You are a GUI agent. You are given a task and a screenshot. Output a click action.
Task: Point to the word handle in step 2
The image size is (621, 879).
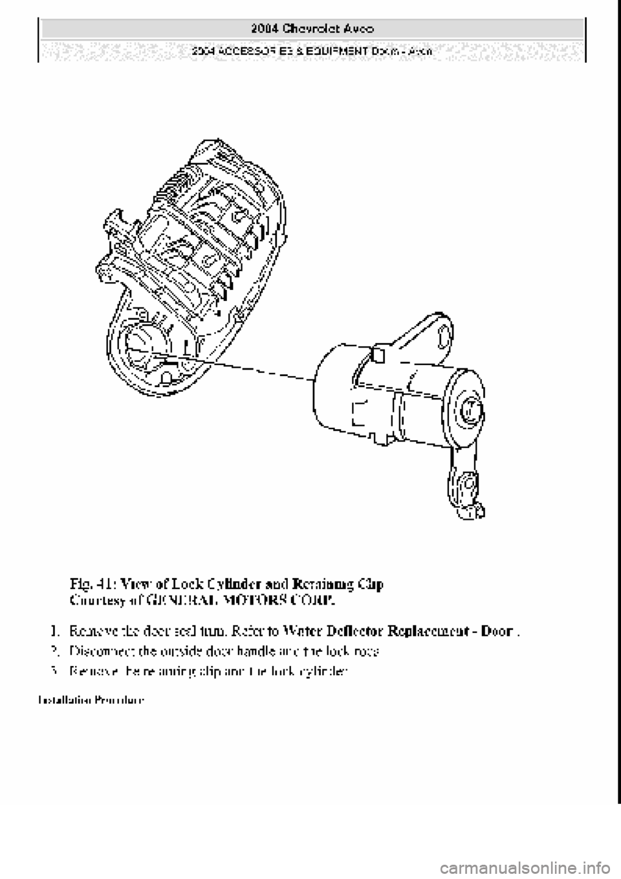[243, 651]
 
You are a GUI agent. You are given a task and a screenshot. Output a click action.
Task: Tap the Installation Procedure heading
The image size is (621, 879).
[91, 700]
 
